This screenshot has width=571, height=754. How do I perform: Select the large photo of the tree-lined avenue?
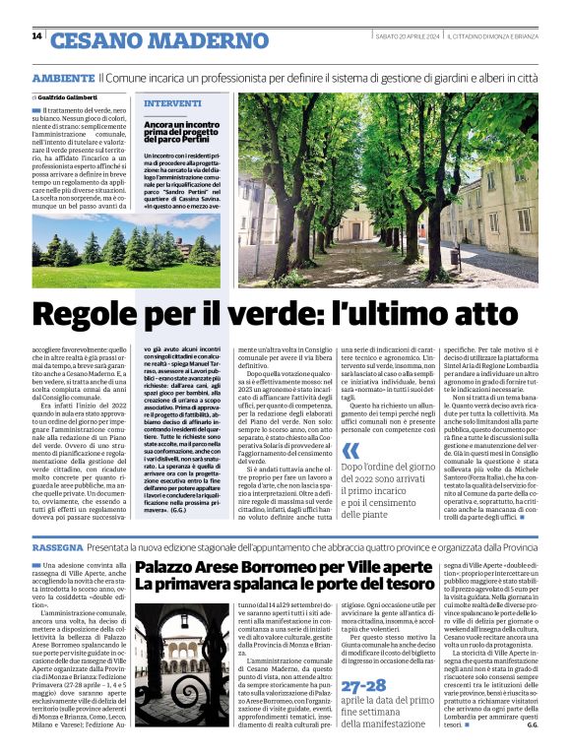pos(388,190)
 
